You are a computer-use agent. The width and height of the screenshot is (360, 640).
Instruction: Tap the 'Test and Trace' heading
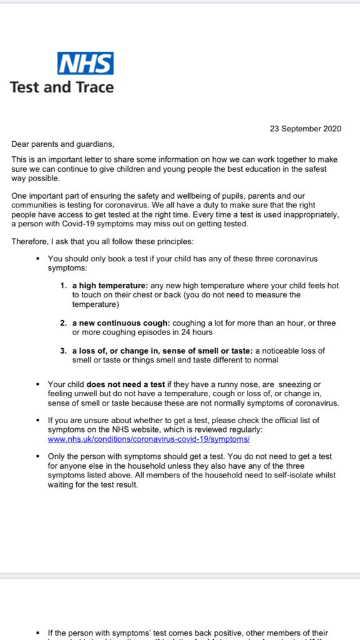[x=62, y=87]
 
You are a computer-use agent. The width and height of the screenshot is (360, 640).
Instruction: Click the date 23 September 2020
[x=306, y=129]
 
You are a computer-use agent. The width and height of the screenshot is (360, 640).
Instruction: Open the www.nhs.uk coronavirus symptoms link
[x=149, y=439]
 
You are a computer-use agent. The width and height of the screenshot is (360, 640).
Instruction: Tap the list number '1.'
[x=64, y=285]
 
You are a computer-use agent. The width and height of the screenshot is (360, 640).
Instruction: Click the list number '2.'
[x=64, y=323]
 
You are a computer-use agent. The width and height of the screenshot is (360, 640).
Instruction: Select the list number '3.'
[x=64, y=351]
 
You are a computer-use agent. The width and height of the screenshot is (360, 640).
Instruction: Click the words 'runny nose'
[x=246, y=384]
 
